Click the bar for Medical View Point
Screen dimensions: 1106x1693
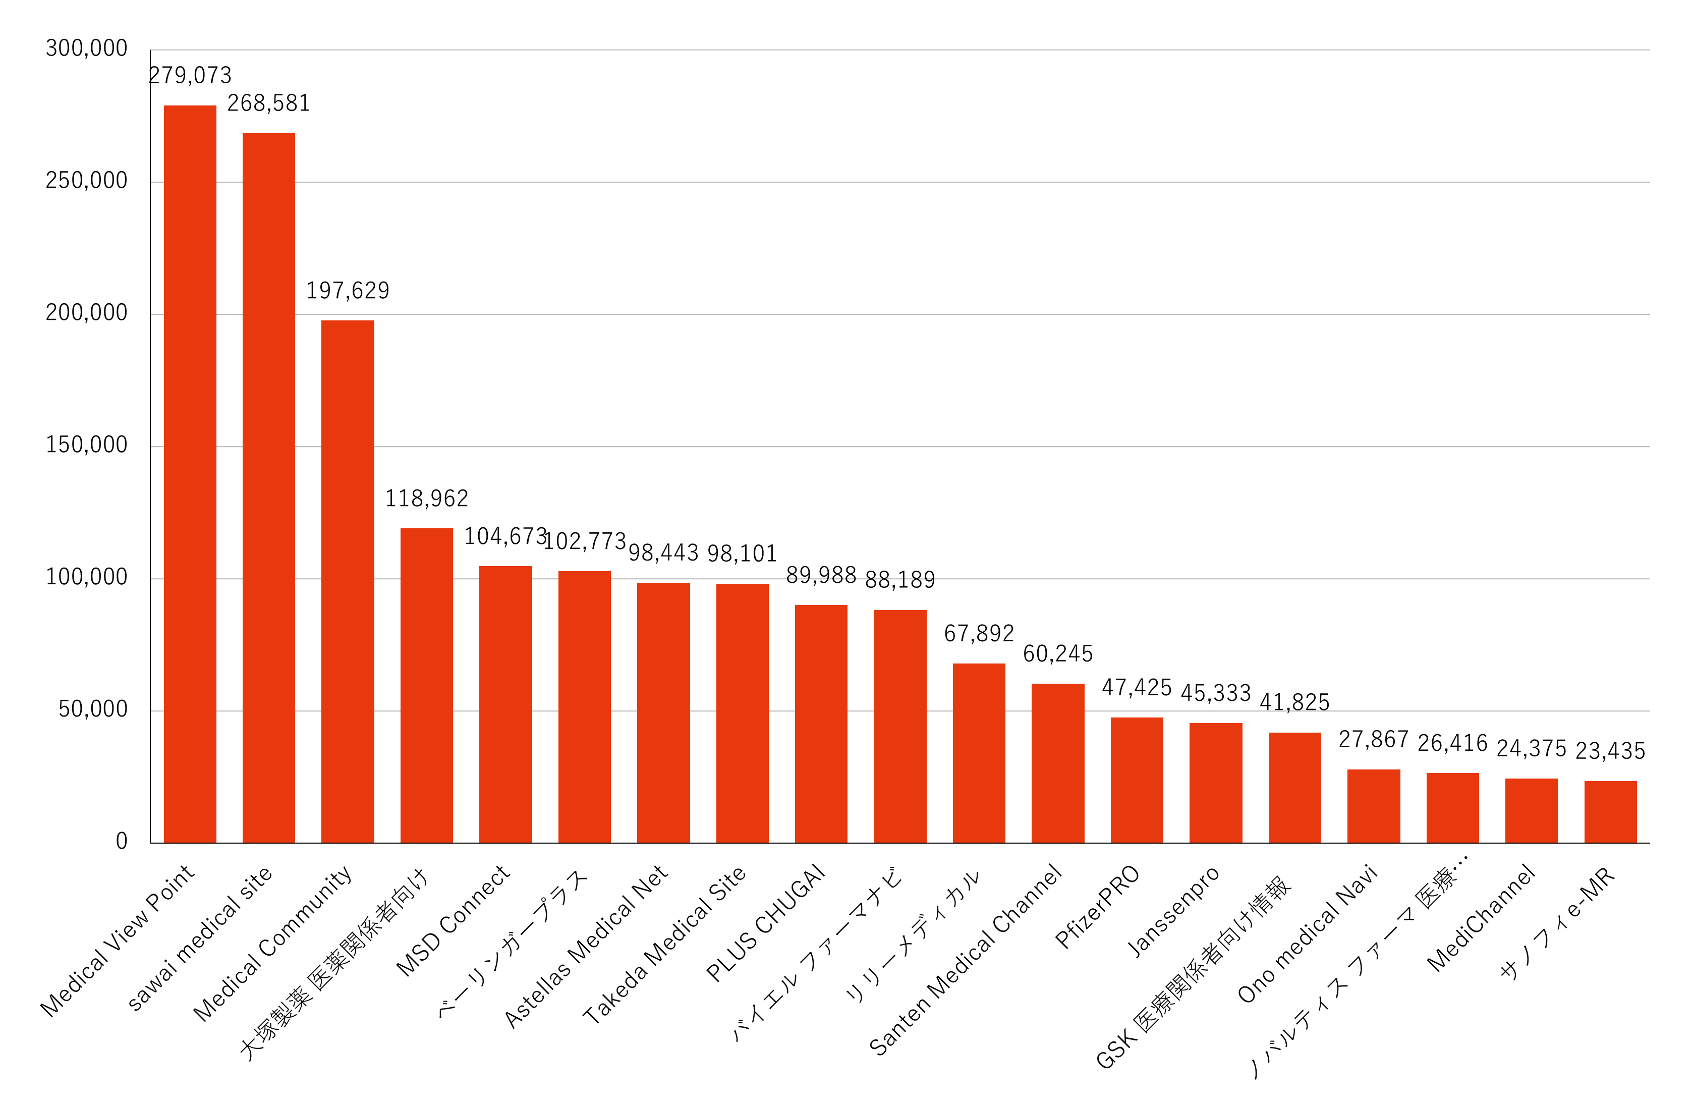tap(190, 474)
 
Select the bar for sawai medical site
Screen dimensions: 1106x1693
tap(269, 488)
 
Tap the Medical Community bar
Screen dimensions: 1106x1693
tap(348, 581)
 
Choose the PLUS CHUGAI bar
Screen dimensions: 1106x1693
tap(821, 724)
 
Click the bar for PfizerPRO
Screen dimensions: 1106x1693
tap(1137, 780)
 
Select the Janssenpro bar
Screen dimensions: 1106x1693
tap(1216, 783)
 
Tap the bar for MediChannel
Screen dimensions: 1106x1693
tap(1531, 810)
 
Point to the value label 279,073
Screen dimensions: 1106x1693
tap(191, 75)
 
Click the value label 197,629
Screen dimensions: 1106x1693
tap(348, 290)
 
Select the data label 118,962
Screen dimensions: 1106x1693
tap(427, 499)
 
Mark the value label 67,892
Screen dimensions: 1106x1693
tap(979, 633)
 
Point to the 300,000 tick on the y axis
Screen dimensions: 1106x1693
tap(86, 48)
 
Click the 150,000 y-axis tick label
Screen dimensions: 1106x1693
tap(86, 445)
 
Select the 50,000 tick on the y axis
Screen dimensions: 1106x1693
tap(92, 709)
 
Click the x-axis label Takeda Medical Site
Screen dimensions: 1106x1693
tap(664, 945)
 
